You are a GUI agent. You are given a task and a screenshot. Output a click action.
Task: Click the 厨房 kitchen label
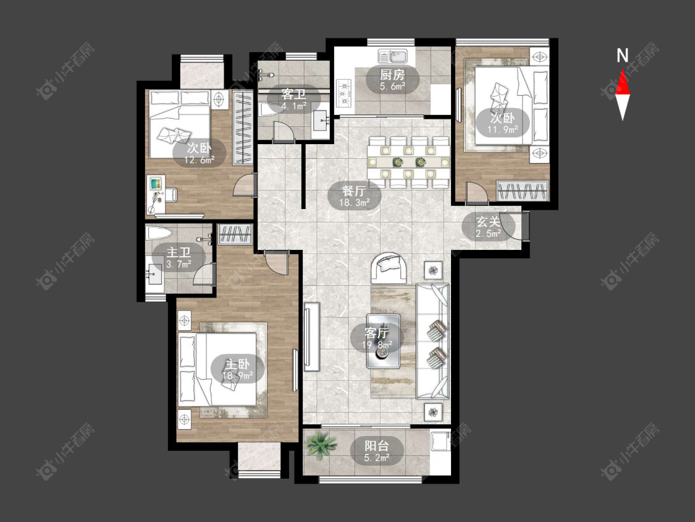click(392, 75)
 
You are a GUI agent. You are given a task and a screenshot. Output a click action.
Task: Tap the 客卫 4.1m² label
click(294, 100)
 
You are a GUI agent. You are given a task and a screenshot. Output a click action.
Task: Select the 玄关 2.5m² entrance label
click(489, 227)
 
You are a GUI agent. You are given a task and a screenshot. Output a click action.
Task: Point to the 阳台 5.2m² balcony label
click(377, 451)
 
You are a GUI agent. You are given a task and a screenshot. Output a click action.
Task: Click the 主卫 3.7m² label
click(179, 259)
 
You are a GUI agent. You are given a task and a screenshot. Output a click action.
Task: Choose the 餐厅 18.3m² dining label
click(354, 197)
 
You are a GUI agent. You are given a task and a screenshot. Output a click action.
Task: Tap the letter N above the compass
click(623, 56)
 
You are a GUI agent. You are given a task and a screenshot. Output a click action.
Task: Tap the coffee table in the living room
click(384, 341)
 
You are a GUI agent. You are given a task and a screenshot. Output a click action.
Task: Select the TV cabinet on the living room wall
click(312, 337)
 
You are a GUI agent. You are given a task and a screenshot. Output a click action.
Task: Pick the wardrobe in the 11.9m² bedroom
click(523, 191)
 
